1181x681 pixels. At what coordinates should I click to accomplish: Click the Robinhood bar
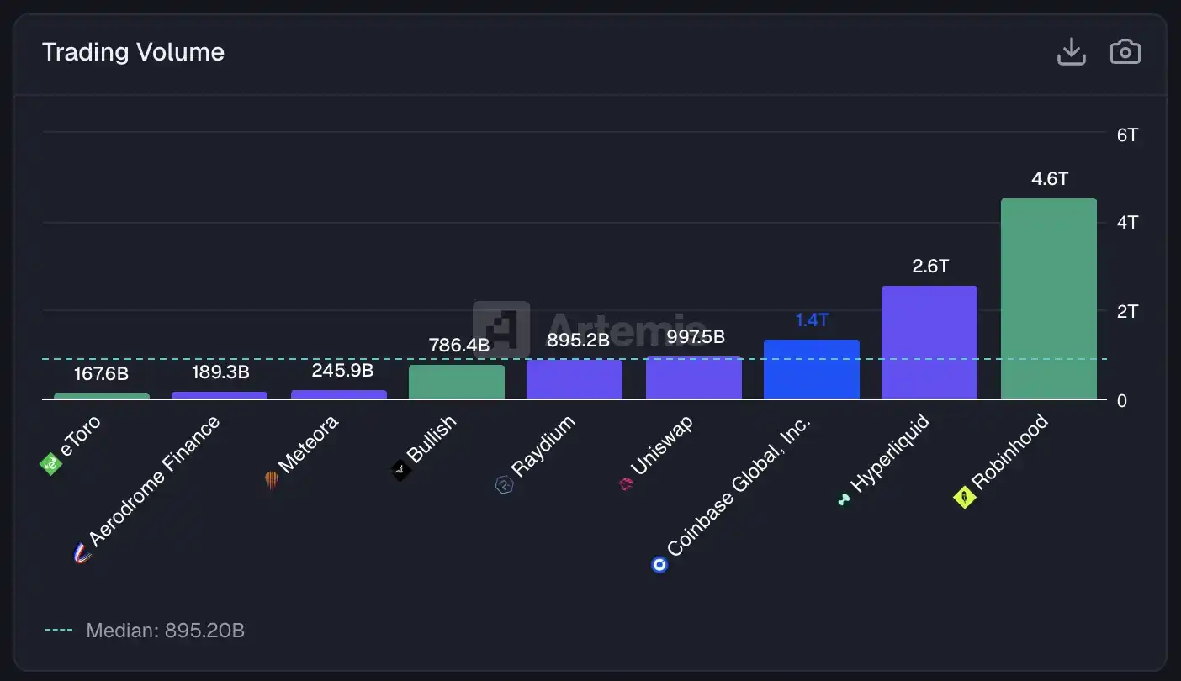(1048, 298)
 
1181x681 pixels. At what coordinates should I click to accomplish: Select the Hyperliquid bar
(929, 342)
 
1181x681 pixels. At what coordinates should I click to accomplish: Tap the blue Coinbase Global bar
(812, 369)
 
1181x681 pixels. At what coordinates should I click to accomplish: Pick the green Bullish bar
(457, 382)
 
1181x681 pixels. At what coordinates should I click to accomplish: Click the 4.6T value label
(1049, 179)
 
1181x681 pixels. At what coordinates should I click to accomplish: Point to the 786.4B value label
(458, 345)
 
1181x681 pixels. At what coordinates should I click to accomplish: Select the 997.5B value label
(695, 337)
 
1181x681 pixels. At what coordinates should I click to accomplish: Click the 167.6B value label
(101, 374)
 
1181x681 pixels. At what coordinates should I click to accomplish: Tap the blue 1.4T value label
(812, 319)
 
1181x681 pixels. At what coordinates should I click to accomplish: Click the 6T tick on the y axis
(1127, 135)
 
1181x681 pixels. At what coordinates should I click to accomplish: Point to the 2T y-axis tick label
(1127, 311)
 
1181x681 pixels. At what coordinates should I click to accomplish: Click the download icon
(1071, 52)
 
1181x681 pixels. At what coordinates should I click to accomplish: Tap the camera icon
(1125, 52)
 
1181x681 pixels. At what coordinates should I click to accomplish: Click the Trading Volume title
(133, 52)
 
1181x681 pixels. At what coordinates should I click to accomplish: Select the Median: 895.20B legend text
(165, 630)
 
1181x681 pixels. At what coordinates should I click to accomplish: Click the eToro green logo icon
(50, 463)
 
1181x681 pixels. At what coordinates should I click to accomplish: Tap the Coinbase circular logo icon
(659, 564)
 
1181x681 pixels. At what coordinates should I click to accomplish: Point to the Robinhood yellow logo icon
(963, 498)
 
